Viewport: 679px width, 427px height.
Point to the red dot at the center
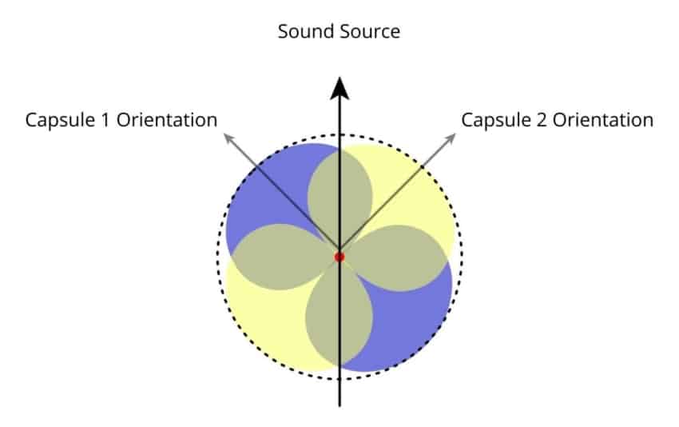coord(339,257)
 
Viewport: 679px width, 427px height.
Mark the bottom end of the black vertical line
coord(339,404)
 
